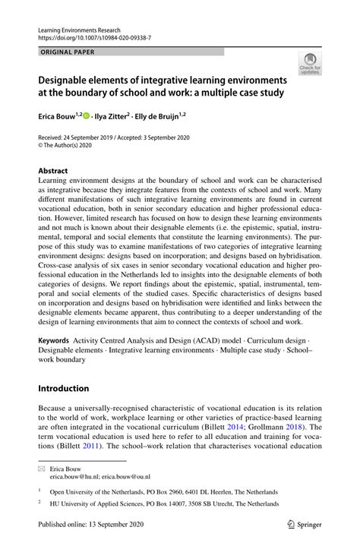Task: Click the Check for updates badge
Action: coord(310,65)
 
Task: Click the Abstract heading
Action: coord(53,172)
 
